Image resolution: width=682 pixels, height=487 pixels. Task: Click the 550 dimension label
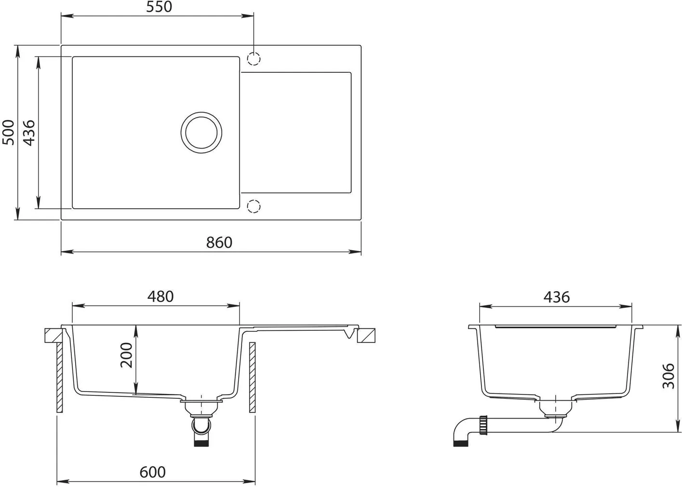pos(159,7)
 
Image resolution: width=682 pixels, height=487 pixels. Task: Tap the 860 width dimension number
pos(219,243)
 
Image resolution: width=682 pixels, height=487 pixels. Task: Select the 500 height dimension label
pos(8,132)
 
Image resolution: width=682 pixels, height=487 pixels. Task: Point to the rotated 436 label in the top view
pos(29,133)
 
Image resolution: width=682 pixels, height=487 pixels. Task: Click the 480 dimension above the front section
pos(160,297)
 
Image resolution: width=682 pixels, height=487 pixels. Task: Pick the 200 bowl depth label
pos(127,355)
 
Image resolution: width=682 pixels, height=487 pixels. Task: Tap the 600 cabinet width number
pos(152,472)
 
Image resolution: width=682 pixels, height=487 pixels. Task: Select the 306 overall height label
pos(669,376)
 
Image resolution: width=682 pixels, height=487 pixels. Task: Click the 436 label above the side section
pos(557,297)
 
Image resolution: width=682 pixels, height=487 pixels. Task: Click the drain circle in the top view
pos(201,133)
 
